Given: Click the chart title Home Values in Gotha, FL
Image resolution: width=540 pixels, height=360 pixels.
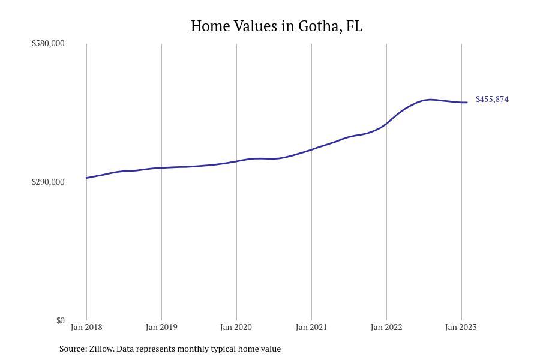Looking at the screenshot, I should (x=277, y=26).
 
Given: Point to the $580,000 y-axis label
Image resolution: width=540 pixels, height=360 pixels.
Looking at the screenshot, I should (x=48, y=44).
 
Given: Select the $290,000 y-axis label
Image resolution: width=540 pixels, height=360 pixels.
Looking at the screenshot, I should (x=48, y=182).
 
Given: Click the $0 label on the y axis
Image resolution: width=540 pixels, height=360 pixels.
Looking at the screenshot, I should (x=60, y=320).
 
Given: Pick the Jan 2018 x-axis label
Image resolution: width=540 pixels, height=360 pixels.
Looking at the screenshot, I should (x=86, y=327).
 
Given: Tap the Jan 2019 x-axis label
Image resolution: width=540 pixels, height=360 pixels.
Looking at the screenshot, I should (x=161, y=327).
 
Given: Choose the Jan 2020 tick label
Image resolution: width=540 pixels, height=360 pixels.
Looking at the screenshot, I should (x=236, y=327).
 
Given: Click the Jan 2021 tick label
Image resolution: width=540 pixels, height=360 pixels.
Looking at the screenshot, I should (x=311, y=327).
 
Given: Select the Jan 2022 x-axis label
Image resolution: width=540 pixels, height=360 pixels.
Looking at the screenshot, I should (x=386, y=327).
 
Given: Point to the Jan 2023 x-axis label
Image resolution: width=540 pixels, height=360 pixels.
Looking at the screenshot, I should (x=461, y=327).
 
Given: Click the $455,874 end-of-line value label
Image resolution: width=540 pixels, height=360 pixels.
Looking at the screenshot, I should (x=492, y=100).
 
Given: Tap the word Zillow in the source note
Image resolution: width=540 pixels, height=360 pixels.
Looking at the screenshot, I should (x=101, y=349).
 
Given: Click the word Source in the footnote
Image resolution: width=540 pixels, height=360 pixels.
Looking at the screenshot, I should (x=72, y=349).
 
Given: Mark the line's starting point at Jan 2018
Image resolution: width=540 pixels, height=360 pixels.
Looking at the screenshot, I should (x=87, y=178).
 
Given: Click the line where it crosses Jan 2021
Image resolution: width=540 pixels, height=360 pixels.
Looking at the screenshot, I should (x=311, y=149).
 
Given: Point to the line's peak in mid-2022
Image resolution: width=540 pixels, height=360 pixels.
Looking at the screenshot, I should (x=430, y=100).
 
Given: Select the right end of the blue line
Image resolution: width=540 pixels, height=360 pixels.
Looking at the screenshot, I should (x=467, y=103).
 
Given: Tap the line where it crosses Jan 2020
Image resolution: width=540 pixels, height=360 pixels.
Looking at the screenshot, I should (x=236, y=161).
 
